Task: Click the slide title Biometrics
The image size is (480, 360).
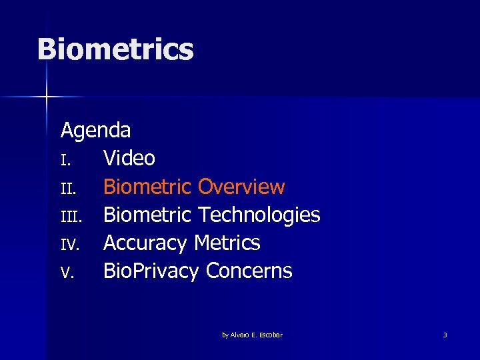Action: [x=115, y=50]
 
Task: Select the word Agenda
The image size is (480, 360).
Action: [x=95, y=130]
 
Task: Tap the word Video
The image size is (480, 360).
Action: [x=129, y=159]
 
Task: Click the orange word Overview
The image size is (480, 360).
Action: [x=241, y=187]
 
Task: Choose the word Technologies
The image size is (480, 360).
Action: [x=259, y=215]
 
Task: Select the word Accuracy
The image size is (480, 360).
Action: [x=145, y=243]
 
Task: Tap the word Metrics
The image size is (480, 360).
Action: [x=227, y=243]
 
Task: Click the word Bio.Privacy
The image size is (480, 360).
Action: [x=151, y=271]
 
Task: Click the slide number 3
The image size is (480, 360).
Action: [x=445, y=335]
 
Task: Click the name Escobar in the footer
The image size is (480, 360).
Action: [x=269, y=335]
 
